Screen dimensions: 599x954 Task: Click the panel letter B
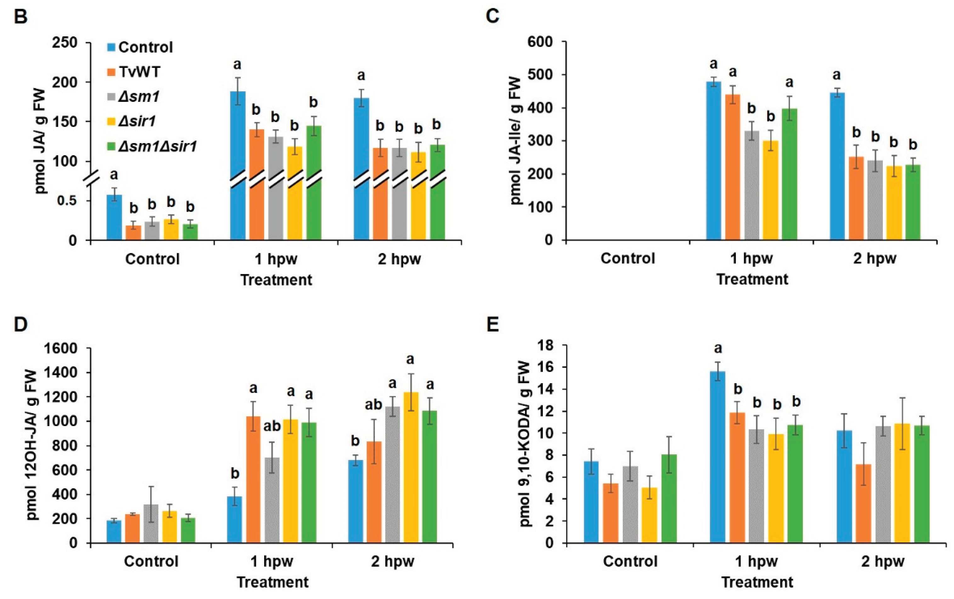(20, 17)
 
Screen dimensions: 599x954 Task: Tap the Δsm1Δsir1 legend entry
(157, 147)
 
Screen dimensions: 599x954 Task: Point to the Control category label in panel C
(628, 258)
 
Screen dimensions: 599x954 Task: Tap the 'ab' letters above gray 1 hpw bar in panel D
(272, 426)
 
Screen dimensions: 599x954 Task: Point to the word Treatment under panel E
(757, 582)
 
